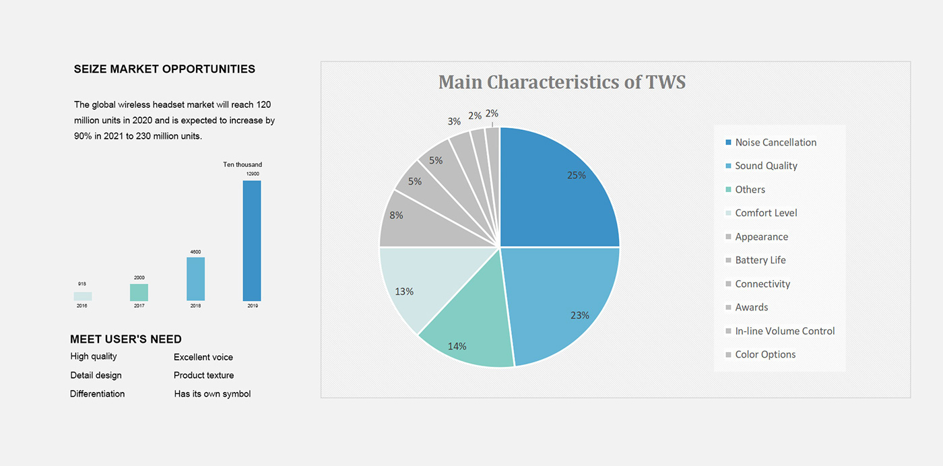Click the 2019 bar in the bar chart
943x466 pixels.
(252, 240)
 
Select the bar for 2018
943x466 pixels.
(195, 279)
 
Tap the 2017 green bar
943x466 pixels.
(139, 292)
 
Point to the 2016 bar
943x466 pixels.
(83, 296)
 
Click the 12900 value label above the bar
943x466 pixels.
(252, 174)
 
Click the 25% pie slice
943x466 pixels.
(559, 189)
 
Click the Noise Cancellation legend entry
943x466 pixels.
(775, 143)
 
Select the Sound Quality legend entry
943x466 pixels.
(765, 166)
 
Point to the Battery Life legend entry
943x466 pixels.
(760, 261)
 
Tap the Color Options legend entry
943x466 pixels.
(765, 355)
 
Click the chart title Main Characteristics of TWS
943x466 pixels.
(562, 82)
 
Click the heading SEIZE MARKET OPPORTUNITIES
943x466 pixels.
(164, 69)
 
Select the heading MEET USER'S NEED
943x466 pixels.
(126, 339)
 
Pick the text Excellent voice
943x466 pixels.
(203, 357)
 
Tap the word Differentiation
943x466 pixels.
(98, 394)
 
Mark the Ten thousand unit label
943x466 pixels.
(242, 164)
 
